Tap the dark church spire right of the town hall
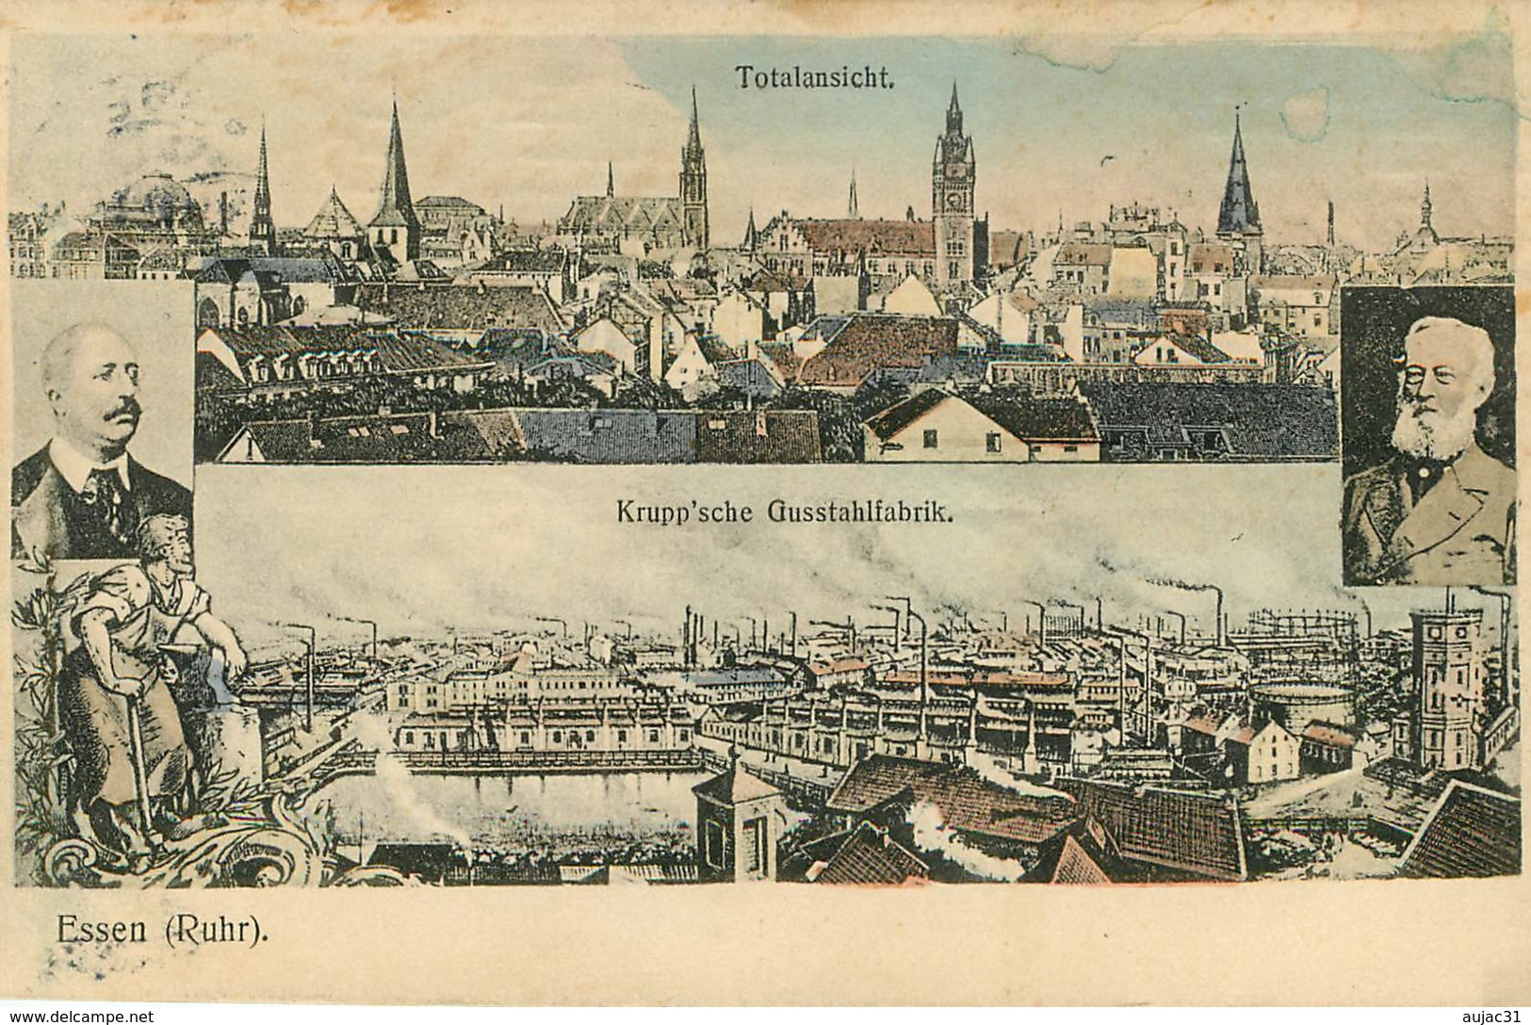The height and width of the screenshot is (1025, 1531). (1238, 179)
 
